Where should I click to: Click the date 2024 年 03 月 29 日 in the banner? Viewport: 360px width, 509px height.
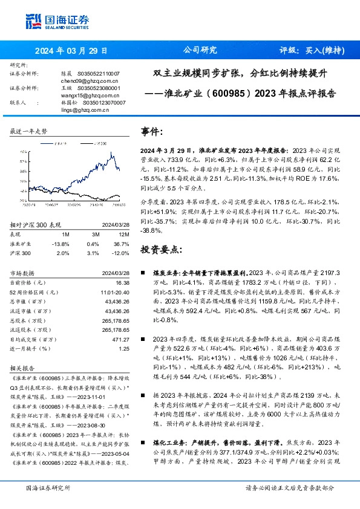click(71, 51)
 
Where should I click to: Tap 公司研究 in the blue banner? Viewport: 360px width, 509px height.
click(200, 51)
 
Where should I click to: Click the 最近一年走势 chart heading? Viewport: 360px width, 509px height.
click(28, 131)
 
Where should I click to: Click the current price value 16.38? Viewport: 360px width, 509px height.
click(123, 282)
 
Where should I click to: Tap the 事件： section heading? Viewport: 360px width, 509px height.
click(152, 131)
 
